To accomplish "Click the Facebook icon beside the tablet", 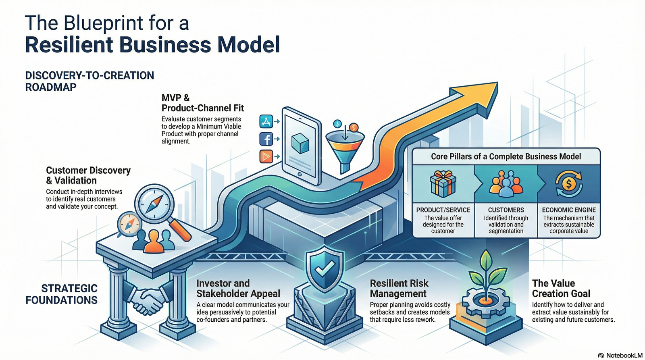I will click(266, 139).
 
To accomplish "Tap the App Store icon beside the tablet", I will click(266, 121).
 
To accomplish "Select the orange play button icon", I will click(266, 156).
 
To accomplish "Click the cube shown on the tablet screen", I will click(300, 143).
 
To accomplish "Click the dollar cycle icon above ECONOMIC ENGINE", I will click(568, 184).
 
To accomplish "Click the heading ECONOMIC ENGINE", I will click(568, 210).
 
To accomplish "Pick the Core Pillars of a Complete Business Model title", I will click(506, 156).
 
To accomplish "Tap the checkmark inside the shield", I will click(325, 268).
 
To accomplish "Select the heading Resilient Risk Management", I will click(399, 288).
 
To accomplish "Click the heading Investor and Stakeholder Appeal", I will click(238, 288).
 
